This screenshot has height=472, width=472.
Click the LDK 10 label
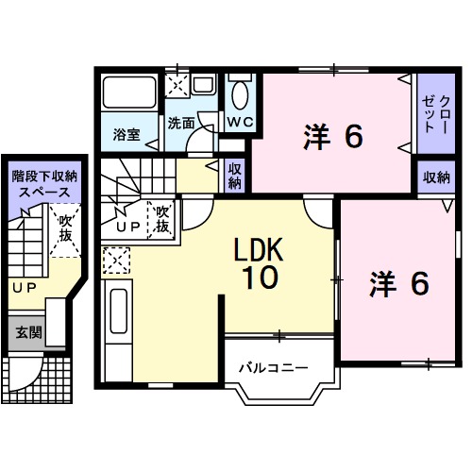pyautogui.click(x=254, y=262)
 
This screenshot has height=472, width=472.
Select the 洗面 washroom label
pyautogui.click(x=181, y=123)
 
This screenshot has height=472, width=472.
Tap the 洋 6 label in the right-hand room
pyautogui.click(x=399, y=282)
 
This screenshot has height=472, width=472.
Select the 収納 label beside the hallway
pyautogui.click(x=235, y=176)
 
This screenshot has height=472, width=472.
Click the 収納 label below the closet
pyautogui.click(x=436, y=177)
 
